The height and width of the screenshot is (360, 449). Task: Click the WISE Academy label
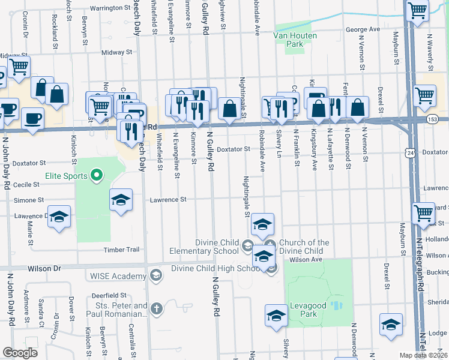[x=118, y=276]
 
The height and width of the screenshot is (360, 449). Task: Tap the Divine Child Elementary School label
[x=204, y=247]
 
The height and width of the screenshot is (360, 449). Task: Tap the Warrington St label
[x=110, y=8]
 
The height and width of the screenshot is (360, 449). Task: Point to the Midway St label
[x=112, y=53]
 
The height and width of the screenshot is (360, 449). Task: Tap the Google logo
[x=20, y=353]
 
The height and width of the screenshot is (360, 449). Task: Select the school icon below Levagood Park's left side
[x=276, y=316]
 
